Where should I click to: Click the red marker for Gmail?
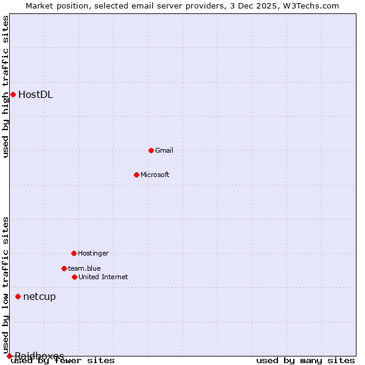151,150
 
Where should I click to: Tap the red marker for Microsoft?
136,175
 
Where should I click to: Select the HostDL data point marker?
13,94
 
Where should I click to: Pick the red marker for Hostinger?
74,253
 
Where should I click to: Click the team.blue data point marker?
64,268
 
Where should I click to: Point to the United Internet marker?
74,277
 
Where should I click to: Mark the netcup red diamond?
18,296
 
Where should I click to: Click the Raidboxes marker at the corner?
9,356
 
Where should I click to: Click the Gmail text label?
164,150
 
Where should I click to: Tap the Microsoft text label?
155,175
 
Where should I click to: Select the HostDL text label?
36,94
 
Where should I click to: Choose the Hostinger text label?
93,253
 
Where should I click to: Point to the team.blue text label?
85,268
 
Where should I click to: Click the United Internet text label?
103,277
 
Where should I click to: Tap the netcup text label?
40,296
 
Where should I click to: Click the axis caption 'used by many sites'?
305,361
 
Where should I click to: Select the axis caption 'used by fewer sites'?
63,361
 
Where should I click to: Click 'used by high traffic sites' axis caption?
6,86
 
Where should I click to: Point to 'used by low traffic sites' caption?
6,285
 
